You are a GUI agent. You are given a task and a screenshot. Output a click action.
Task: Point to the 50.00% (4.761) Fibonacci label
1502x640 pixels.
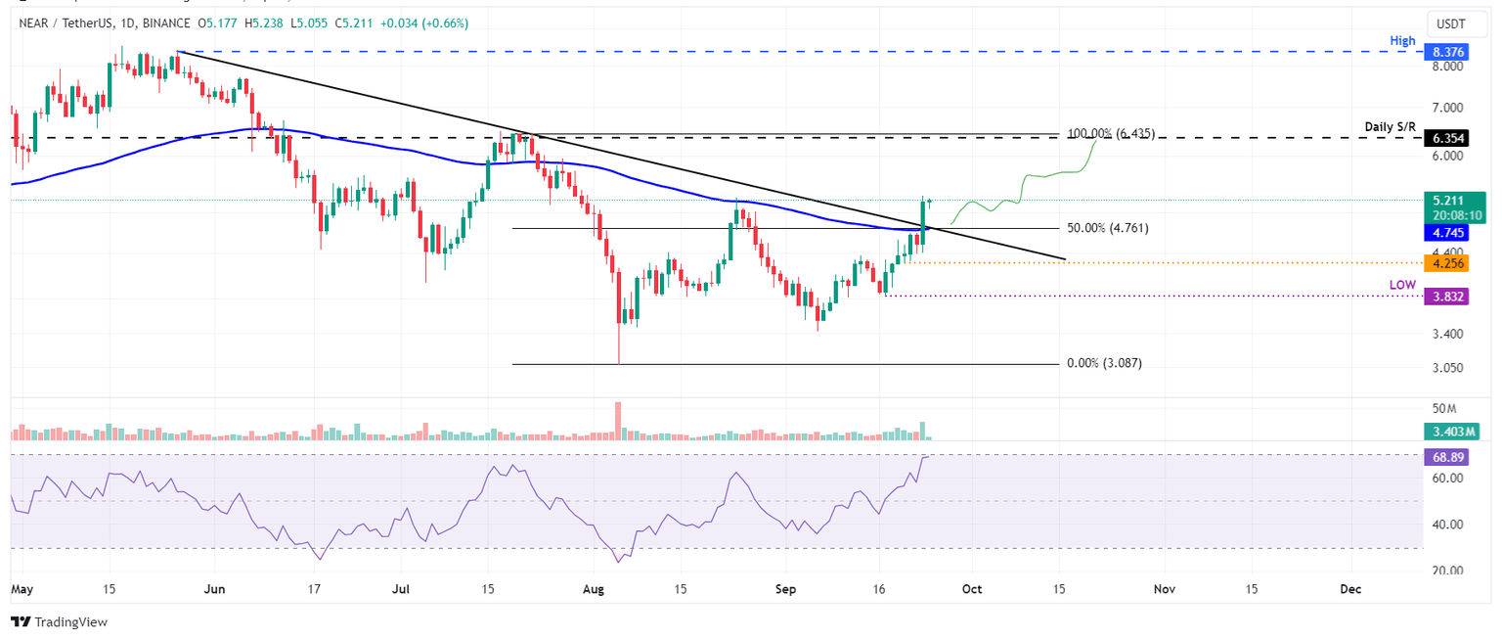tap(1108, 228)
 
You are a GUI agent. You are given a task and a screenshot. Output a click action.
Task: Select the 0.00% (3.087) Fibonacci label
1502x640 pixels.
tap(1104, 363)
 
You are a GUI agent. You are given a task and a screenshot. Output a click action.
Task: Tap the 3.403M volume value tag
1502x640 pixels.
tap(1451, 431)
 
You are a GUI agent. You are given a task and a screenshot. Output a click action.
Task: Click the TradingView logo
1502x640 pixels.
tap(59, 622)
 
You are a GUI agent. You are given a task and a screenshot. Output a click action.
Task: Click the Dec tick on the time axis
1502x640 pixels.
tap(1350, 589)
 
